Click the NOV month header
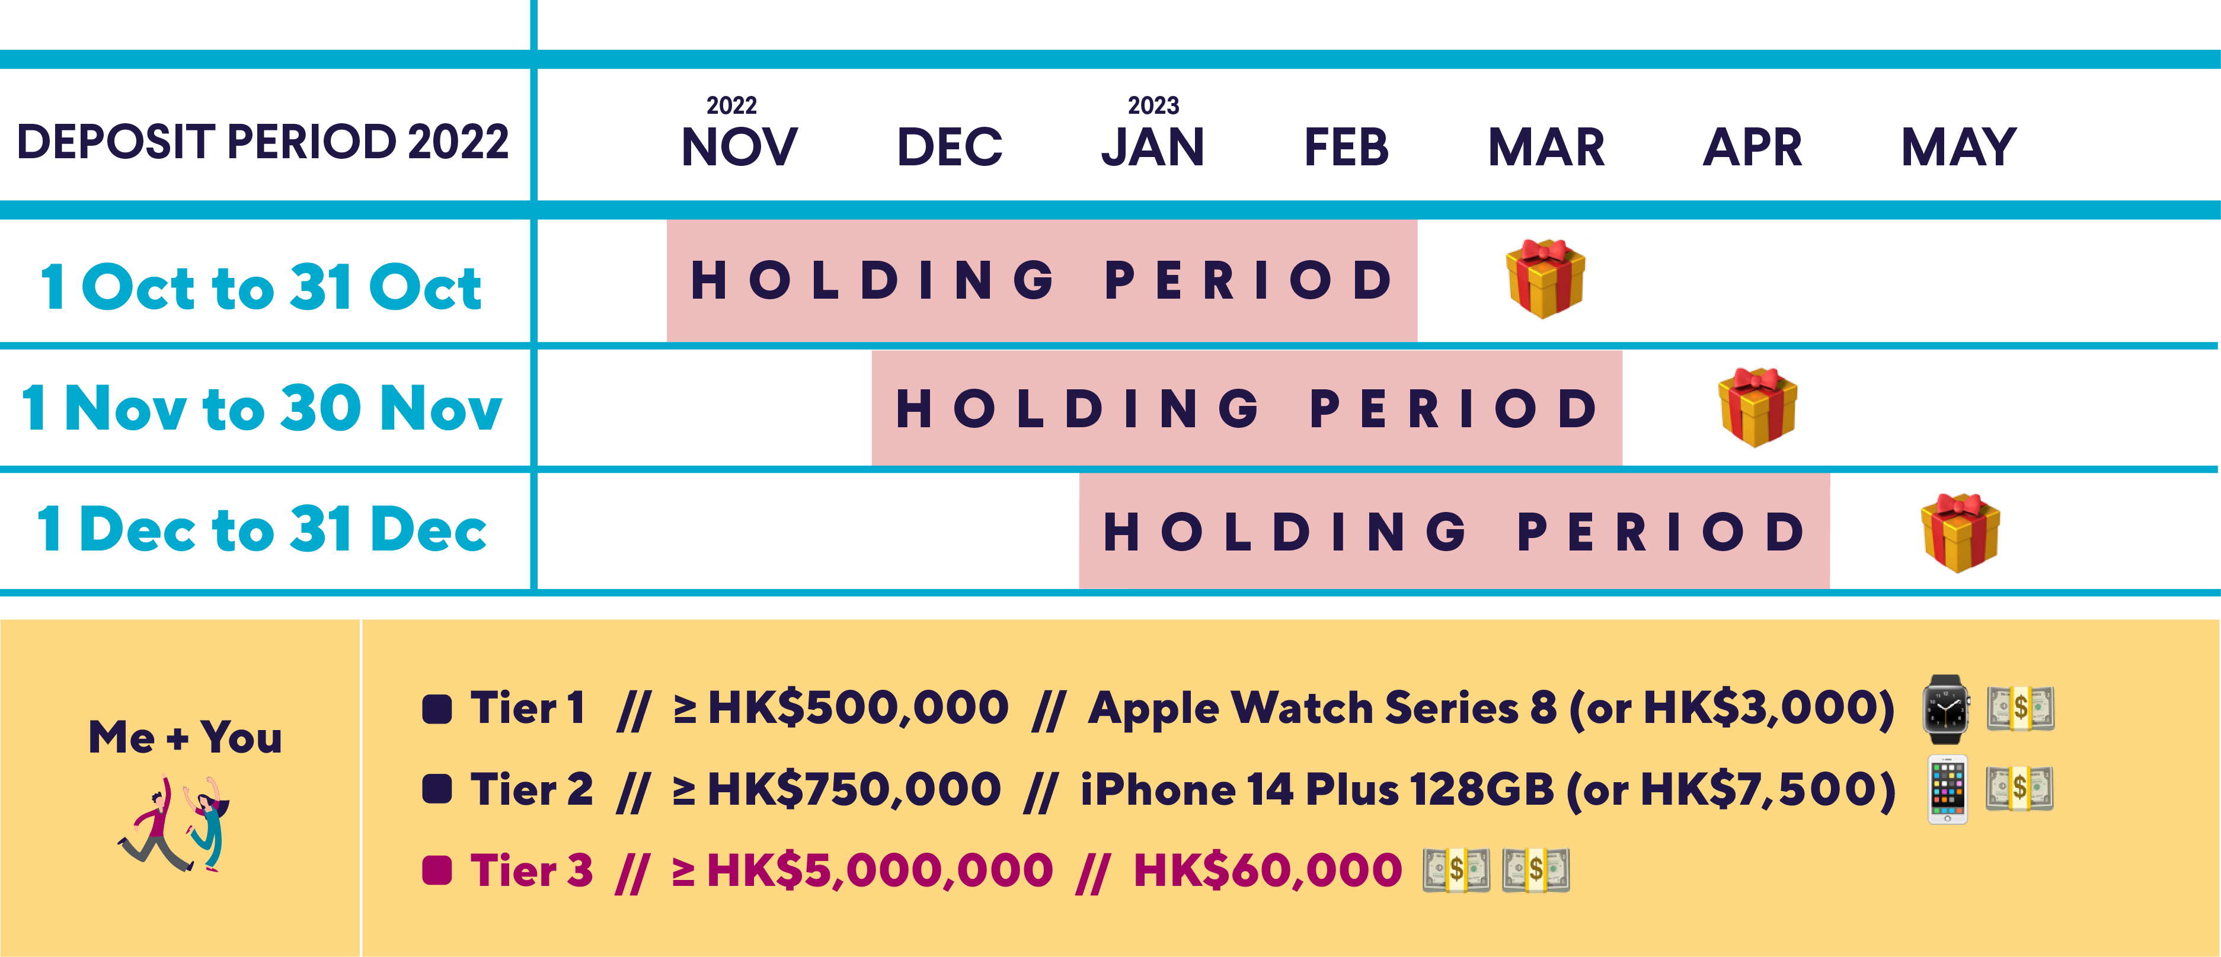coord(740,146)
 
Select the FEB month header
coord(1346,146)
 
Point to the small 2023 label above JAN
coord(1153,105)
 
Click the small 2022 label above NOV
coord(731,105)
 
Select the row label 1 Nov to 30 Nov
coord(261,408)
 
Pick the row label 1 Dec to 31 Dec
coord(261,529)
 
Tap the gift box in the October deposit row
coord(1545,279)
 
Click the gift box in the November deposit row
coord(1757,407)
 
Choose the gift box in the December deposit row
coord(1960,532)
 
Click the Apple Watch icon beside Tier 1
coord(1946,709)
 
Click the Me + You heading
coord(186,738)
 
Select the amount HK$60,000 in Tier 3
coord(1267,870)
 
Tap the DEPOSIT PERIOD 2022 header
coord(263,142)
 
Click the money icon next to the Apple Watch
coord(2020,709)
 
